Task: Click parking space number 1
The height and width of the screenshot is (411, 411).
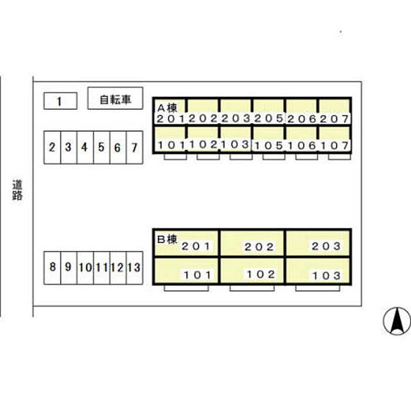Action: pos(60,102)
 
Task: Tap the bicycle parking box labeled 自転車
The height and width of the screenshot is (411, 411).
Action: pos(115,99)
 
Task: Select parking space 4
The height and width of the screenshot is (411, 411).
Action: pos(85,147)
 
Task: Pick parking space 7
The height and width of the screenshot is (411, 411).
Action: pos(134,147)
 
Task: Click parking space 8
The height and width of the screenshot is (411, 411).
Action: pos(52,268)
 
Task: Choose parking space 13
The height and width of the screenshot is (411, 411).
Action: pos(134,268)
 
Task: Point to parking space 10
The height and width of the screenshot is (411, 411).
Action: pos(85,268)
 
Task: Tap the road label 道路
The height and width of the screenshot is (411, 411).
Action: pos(18,190)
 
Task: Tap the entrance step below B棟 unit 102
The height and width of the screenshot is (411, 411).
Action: pos(252,288)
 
